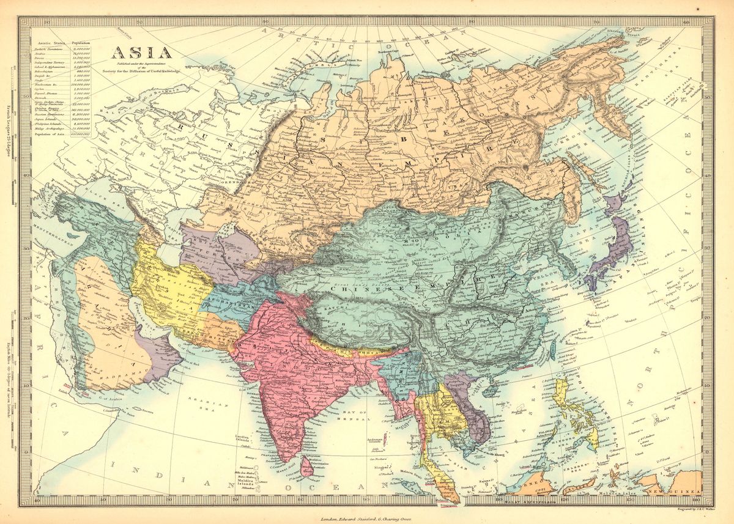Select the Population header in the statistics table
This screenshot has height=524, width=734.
(81, 43)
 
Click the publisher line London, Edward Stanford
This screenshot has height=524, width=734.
(367, 518)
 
